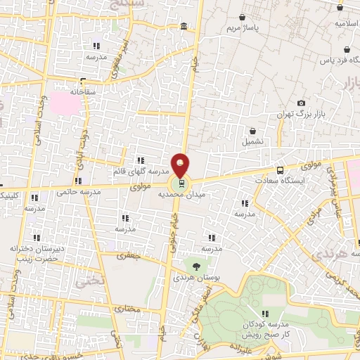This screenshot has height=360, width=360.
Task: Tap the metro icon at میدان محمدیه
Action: pyautogui.click(x=182, y=184)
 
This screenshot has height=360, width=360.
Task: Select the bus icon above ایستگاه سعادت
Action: pyautogui.click(x=281, y=170)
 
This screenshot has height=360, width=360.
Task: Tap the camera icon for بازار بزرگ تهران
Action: pyautogui.click(x=302, y=103)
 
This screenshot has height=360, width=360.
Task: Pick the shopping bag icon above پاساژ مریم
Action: pyautogui.click(x=243, y=17)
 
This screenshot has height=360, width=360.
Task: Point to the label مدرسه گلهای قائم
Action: pyautogui.click(x=141, y=171)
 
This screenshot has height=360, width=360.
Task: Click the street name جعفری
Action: pyautogui.click(x=130, y=258)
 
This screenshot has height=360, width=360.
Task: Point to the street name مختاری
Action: pyautogui.click(x=128, y=308)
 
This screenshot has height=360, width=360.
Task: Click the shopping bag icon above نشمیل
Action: pyautogui.click(x=252, y=131)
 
